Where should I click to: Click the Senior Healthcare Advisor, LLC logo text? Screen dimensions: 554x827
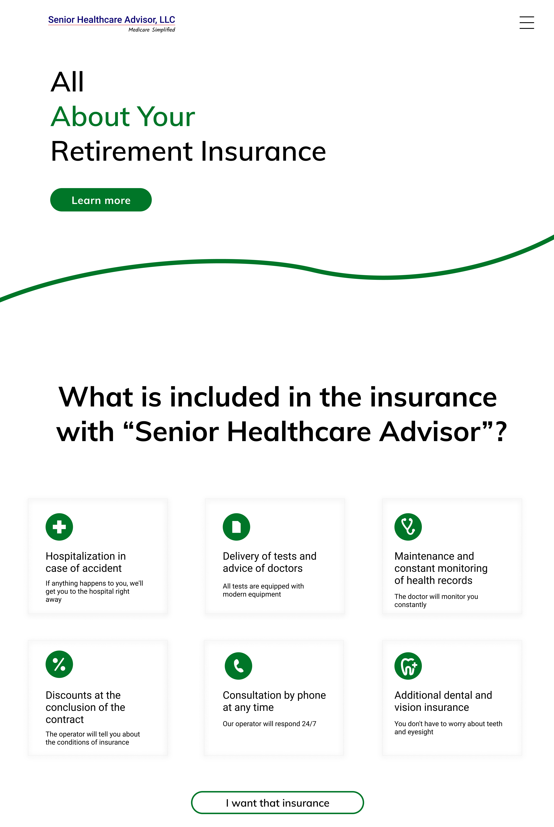pos(112,20)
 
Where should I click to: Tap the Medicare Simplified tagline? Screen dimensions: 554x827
pos(152,30)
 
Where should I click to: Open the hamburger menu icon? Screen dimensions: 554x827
pos(526,23)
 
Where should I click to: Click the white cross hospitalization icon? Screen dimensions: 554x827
pos(59,527)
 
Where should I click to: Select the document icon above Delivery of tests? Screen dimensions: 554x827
pos(236,527)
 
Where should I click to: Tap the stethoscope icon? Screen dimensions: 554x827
pos(408,527)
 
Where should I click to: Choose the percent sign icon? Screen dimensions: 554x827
pos(59,664)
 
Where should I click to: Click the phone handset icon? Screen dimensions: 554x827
pos(239,666)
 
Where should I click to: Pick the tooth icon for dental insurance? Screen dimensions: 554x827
pos(408,666)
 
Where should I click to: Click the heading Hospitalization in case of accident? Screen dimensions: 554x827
pos(86,562)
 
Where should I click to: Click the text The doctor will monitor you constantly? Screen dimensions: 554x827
pos(436,601)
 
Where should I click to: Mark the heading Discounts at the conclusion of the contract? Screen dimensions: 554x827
pos(85,707)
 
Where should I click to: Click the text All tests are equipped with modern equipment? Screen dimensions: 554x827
pos(263,590)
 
